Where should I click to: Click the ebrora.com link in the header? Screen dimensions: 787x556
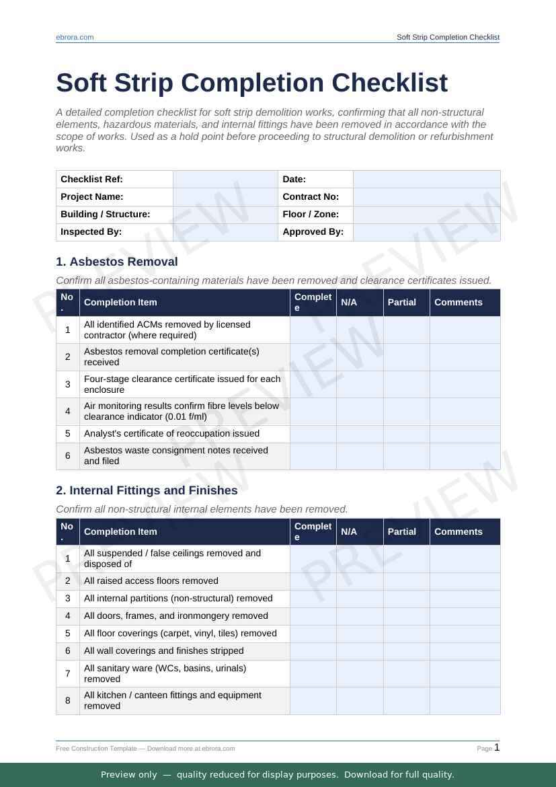75,37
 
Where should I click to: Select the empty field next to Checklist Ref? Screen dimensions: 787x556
225,179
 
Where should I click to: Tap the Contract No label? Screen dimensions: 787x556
311,196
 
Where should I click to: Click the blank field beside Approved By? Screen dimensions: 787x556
426,231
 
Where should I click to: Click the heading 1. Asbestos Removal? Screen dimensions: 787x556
117,262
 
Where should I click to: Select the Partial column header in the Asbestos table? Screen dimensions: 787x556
402,302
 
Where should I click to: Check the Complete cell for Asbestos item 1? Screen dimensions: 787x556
313,330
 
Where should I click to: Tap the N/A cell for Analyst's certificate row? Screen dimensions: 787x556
360,434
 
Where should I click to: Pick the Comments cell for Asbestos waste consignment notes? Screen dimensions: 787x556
465,456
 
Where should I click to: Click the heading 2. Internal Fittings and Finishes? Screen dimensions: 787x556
147,490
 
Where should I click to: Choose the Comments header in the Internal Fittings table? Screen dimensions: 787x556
459,531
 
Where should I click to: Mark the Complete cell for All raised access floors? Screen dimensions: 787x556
313,581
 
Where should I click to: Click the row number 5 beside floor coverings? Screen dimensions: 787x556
68,634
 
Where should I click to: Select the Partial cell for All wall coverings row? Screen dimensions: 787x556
406,651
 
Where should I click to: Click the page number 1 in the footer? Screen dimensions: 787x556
498,747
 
